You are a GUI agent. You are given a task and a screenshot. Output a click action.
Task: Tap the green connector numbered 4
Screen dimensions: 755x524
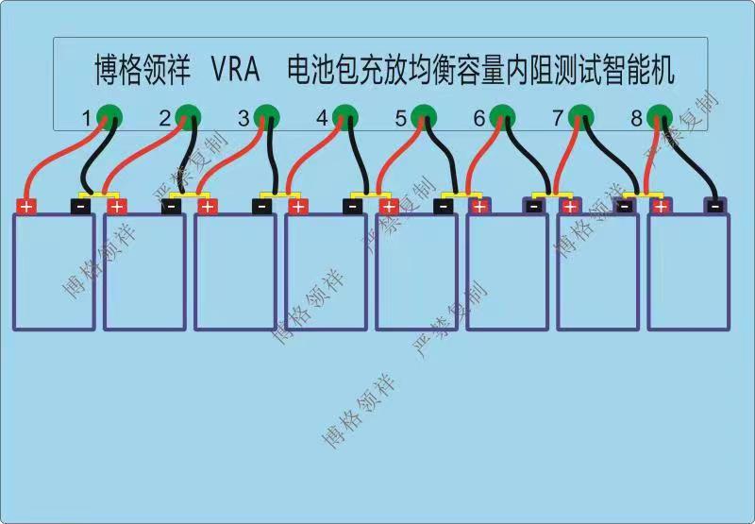[345, 116]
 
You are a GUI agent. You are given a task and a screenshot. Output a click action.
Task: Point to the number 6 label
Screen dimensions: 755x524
[479, 119]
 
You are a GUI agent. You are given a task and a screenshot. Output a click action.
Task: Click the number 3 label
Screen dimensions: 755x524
[243, 119]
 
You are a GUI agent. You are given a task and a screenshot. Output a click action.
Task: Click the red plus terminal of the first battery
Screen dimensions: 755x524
[26, 206]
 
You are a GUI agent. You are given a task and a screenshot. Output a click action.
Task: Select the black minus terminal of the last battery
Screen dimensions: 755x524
[715, 206]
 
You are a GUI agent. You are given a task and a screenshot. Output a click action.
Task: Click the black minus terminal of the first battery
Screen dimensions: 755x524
[82, 206]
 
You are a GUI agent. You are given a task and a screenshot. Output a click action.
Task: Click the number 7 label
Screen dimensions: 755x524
[558, 119]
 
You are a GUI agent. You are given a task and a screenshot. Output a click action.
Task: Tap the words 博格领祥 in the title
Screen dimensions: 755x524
[143, 69]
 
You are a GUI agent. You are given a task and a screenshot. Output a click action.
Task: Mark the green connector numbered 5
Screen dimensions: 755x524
[424, 116]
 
